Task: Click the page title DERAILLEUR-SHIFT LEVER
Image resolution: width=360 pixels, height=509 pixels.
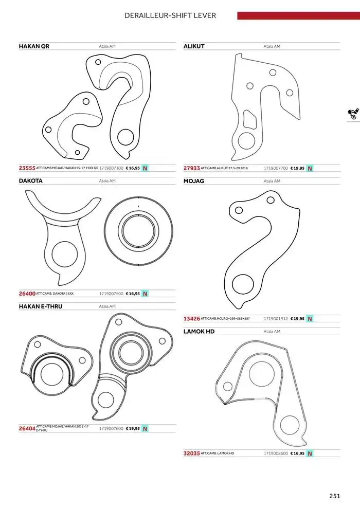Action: [x=170, y=15]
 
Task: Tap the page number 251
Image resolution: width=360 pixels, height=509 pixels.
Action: [x=335, y=496]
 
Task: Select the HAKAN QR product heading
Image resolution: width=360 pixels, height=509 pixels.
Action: [x=34, y=46]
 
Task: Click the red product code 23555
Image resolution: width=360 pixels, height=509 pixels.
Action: [x=27, y=168]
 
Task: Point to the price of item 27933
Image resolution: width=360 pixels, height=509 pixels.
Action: [x=297, y=168]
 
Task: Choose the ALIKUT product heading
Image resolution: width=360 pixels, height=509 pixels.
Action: [x=194, y=46]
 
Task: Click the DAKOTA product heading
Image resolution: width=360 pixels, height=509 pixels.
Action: [x=30, y=181]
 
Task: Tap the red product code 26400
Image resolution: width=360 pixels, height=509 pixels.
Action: [x=27, y=294]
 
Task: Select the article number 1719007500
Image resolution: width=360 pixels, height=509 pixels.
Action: [x=111, y=294]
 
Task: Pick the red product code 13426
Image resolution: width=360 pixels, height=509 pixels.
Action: [x=191, y=319]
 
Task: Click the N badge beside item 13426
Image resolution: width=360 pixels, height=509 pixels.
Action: [x=310, y=319]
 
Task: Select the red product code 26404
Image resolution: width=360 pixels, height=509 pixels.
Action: [x=27, y=428]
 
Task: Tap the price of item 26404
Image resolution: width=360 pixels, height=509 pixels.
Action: [x=133, y=428]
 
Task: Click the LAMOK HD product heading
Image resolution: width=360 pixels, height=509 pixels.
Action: [x=199, y=332]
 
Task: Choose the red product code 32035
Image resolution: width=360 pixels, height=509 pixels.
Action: [x=191, y=453]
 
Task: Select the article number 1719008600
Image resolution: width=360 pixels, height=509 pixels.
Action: [x=276, y=453]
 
